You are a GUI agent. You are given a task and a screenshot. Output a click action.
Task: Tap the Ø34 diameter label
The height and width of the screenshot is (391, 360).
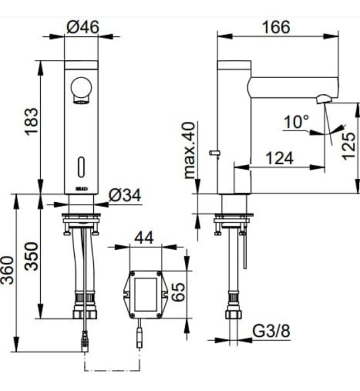point(124,195)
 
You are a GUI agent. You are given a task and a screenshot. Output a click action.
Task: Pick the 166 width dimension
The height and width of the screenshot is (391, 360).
point(277,26)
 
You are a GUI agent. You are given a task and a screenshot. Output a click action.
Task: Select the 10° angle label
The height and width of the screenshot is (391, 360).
point(295,121)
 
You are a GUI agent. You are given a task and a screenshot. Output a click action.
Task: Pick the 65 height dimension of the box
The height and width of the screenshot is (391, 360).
point(177,292)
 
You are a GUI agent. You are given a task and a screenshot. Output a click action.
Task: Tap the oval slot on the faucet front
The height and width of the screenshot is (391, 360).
point(81,166)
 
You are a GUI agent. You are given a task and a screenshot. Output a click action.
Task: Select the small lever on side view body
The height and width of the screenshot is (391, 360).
point(214,152)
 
